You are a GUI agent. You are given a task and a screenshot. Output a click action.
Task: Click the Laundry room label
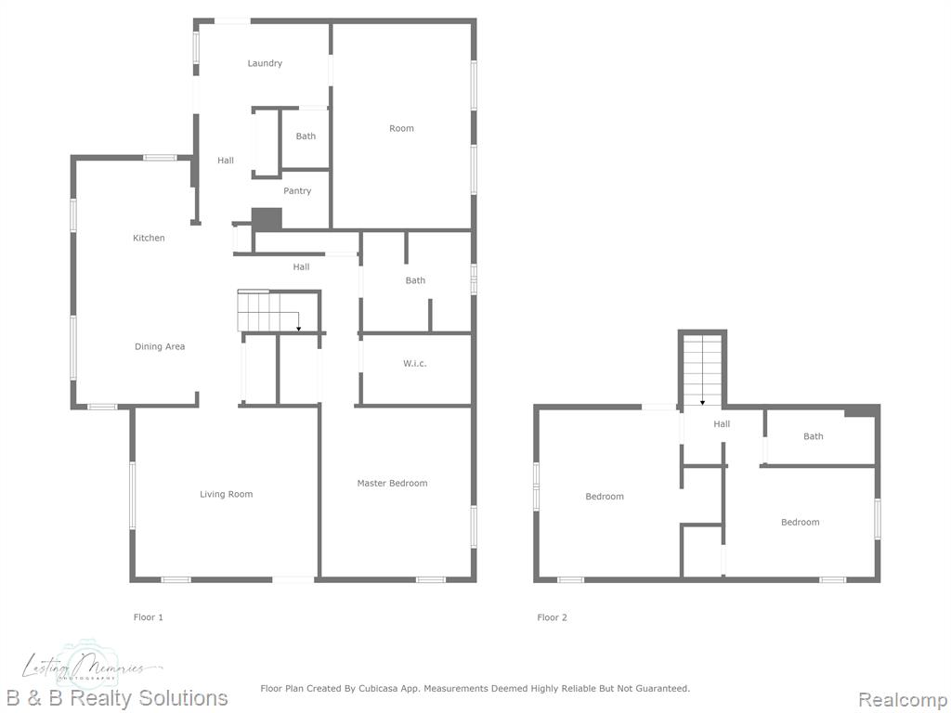click(265, 63)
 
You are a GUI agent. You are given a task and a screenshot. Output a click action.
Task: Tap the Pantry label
click(297, 191)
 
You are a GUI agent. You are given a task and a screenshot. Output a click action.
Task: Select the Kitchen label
click(149, 238)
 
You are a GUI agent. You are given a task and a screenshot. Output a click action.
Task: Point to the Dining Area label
click(160, 347)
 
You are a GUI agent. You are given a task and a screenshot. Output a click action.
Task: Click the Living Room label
click(227, 494)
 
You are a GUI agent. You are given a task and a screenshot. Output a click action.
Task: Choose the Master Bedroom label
click(393, 483)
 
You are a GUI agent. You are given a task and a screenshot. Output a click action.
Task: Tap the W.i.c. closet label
click(415, 364)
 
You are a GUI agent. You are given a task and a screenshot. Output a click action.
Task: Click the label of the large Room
click(401, 128)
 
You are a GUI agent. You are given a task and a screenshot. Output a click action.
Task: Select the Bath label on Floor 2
click(814, 436)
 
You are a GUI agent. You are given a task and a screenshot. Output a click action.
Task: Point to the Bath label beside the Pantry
click(306, 136)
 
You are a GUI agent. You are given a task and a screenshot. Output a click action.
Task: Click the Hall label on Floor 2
click(722, 424)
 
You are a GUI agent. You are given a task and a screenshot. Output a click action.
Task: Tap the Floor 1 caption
click(149, 617)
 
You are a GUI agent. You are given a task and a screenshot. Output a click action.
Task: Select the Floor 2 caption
click(552, 617)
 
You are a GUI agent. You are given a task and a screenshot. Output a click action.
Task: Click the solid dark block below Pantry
click(267, 219)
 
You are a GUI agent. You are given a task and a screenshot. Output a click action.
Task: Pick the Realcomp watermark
click(903, 700)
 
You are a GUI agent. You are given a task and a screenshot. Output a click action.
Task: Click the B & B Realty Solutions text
click(117, 698)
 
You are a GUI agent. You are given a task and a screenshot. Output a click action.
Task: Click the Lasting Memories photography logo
click(91, 666)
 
